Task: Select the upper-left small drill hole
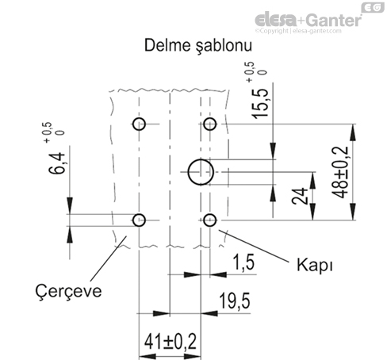pyautogui.click(x=140, y=124)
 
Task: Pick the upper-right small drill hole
pyautogui.click(x=210, y=124)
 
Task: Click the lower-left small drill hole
pyautogui.click(x=140, y=219)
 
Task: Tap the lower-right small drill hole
pyautogui.click(x=210, y=219)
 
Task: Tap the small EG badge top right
pyautogui.click(x=370, y=7)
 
